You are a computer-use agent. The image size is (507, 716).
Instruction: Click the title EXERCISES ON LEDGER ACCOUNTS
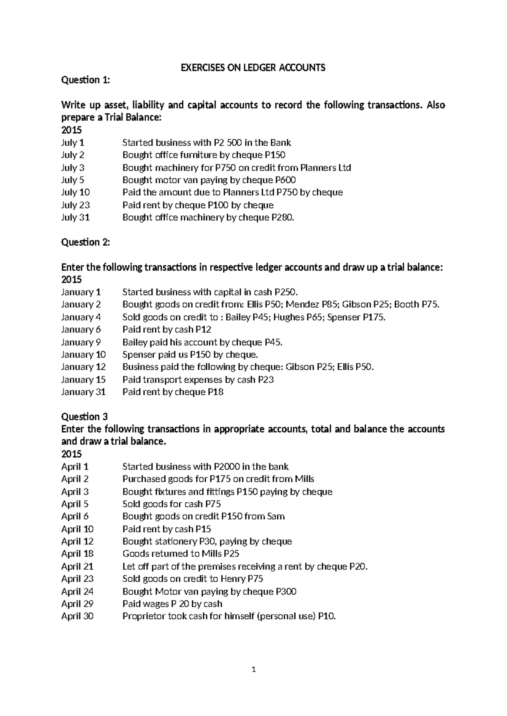point(253,68)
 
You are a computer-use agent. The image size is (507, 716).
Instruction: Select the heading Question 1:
point(85,80)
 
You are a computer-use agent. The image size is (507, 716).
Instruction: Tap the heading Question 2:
point(85,242)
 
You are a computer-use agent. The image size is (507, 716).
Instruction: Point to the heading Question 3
point(84,417)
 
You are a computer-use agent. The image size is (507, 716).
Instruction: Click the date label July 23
point(76,205)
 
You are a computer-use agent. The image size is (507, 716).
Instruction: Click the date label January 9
point(81,342)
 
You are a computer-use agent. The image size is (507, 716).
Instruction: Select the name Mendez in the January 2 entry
point(307,304)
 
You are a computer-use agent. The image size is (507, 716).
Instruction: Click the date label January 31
point(83,392)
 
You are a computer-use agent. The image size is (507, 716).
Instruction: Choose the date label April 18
point(77,553)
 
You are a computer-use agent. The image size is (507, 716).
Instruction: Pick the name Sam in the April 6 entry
point(276,516)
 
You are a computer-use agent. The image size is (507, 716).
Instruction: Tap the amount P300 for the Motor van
point(286,591)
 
